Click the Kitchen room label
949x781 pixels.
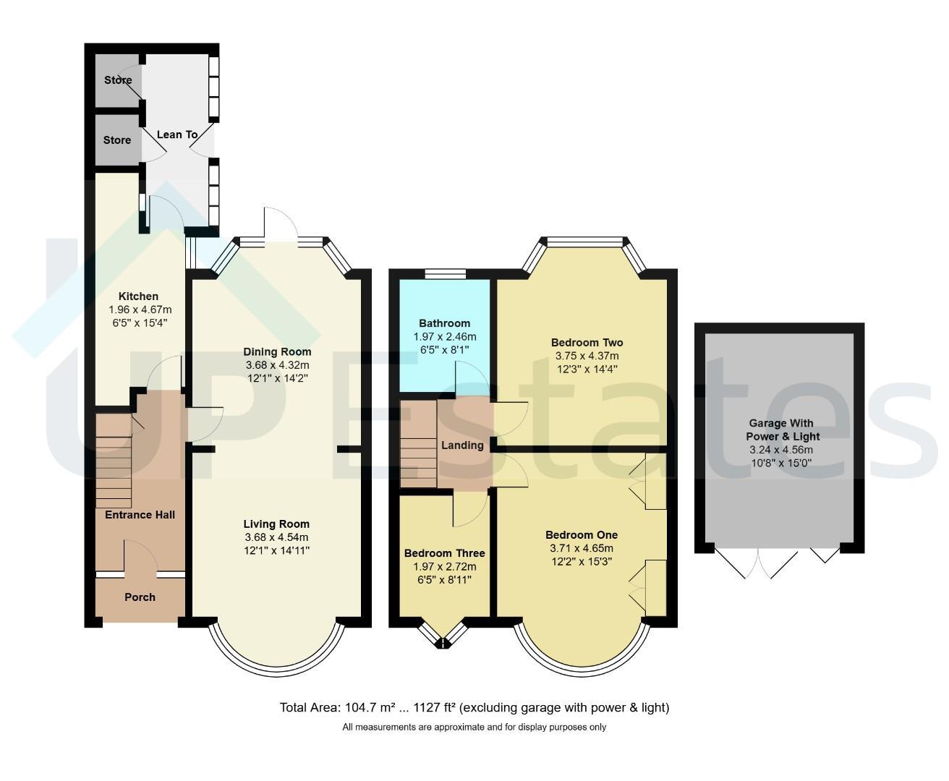pyautogui.click(x=138, y=296)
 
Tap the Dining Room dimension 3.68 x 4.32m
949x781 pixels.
pyautogui.click(x=277, y=365)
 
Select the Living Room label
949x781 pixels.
pyautogui.click(x=276, y=524)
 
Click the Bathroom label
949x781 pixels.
pyautogui.click(x=444, y=323)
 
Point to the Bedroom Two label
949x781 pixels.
pyautogui.click(x=587, y=342)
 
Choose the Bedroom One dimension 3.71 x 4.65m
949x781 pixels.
pyautogui.click(x=582, y=548)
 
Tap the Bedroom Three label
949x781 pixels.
pyautogui.click(x=444, y=553)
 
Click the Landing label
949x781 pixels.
pyautogui.click(x=462, y=445)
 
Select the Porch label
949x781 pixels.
pyautogui.click(x=140, y=597)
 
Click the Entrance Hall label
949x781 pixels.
pyautogui.click(x=140, y=515)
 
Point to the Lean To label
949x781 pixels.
pyautogui.click(x=177, y=135)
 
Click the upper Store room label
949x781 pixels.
pyautogui.click(x=118, y=80)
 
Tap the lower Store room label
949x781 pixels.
pyautogui.click(x=117, y=140)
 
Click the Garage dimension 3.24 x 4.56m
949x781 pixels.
pyautogui.click(x=781, y=449)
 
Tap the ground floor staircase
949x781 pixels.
pyautogui.click(x=114, y=461)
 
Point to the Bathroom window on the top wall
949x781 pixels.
pyautogui.click(x=446, y=273)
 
